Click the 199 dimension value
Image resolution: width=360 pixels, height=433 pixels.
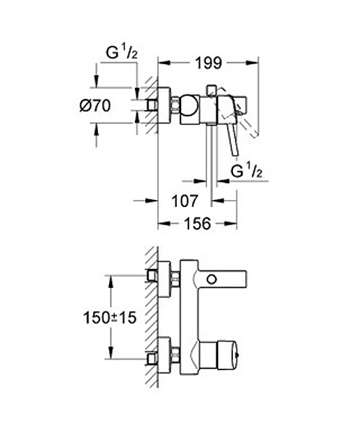coord(208,64)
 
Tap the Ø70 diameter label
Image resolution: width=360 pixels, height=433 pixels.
coord(95,105)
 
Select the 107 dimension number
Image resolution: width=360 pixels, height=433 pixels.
coord(185,201)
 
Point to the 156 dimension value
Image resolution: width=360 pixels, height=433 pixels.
coord(198,223)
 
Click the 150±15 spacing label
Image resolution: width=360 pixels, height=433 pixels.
coord(110,318)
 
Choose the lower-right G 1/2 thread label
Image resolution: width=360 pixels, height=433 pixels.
coord(247,171)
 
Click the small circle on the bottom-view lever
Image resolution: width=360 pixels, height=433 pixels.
coord(212,279)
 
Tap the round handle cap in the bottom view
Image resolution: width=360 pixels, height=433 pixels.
coord(227,355)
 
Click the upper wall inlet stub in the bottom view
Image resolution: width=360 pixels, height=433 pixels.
coord(152,276)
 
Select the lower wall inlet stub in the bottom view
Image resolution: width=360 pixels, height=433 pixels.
coord(152,359)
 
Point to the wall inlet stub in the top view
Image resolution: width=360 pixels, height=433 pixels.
coord(152,105)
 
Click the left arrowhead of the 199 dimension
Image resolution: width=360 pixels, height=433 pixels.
coord(164,63)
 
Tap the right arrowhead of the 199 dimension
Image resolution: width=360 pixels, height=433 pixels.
coord(253,63)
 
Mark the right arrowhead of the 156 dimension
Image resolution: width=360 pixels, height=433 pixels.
coord(231,223)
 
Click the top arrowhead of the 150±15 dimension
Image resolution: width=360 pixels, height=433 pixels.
coord(110,281)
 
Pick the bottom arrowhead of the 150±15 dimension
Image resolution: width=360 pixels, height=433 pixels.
coord(110,353)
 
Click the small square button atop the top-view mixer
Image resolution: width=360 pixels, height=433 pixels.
coord(211,89)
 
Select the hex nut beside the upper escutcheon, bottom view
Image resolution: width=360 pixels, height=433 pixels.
coord(175,279)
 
